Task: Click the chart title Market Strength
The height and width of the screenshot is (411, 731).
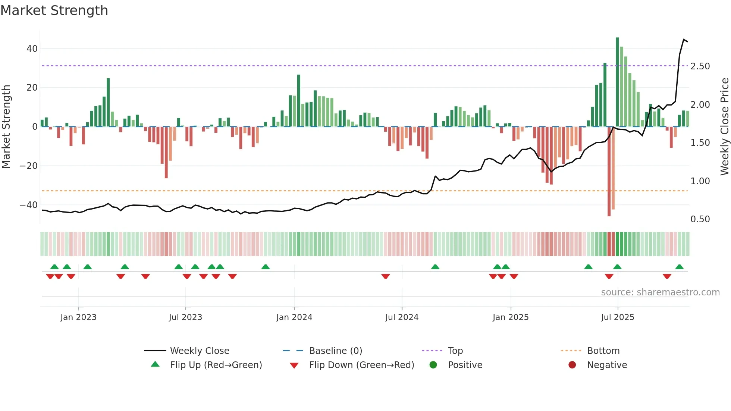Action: [54, 10]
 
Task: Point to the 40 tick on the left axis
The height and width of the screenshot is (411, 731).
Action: [32, 49]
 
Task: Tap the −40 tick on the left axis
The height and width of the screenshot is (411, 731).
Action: [29, 205]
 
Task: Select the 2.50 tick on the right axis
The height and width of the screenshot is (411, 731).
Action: [700, 66]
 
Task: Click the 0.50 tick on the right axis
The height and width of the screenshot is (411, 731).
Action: [700, 219]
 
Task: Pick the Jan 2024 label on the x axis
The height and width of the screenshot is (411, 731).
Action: [294, 317]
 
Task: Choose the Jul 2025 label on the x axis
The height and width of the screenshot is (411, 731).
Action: [618, 317]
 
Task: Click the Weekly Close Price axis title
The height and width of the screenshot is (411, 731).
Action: [724, 127]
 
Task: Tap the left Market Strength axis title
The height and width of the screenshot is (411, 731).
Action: [6, 127]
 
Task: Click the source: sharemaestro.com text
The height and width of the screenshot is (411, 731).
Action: [660, 292]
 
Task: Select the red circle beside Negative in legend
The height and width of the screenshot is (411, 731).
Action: [572, 365]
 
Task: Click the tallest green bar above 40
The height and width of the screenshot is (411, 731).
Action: [617, 82]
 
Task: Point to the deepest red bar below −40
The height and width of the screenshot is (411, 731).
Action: [609, 172]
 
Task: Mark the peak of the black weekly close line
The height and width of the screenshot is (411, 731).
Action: [684, 40]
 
